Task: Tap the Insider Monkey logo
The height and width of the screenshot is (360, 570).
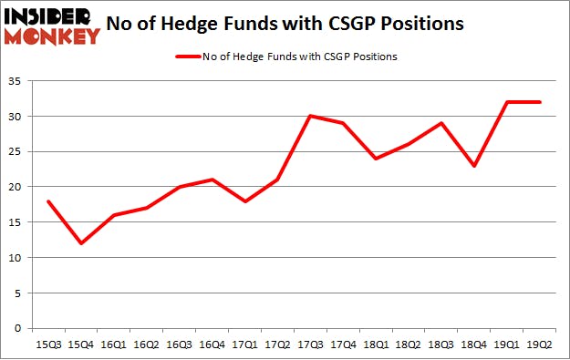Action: tap(50, 26)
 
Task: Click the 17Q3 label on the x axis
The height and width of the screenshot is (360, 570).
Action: tap(310, 344)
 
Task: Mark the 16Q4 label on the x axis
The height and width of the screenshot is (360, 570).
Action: tap(213, 344)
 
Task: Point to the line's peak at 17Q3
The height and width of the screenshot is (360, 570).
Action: tap(310, 116)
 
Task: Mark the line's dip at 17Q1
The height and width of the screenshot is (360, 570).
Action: tap(245, 201)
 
